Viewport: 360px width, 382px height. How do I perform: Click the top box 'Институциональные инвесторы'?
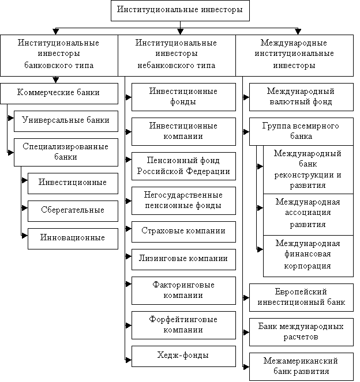click(x=180, y=10)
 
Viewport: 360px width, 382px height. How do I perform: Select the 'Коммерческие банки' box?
click(x=59, y=93)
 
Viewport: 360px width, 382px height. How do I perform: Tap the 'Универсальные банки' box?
click(x=66, y=122)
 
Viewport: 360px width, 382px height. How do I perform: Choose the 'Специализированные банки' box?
click(x=66, y=153)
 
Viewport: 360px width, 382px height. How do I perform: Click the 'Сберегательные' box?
click(x=73, y=211)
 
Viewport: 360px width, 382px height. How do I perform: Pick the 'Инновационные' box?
click(x=73, y=239)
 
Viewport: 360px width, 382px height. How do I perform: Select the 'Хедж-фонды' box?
click(x=183, y=356)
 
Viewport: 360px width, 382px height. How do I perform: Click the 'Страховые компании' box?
click(x=183, y=232)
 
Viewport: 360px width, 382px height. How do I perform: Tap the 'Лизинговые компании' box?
click(x=183, y=259)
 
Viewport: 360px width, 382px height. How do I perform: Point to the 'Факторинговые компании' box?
click(x=183, y=290)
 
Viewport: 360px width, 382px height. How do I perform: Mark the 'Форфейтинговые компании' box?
click(x=183, y=325)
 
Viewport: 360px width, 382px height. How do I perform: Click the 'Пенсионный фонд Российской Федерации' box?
click(x=183, y=166)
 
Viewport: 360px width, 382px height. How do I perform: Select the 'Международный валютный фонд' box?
click(x=301, y=97)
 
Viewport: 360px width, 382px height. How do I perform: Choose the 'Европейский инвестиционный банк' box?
click(x=301, y=297)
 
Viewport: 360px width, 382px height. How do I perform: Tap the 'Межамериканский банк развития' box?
click(x=301, y=366)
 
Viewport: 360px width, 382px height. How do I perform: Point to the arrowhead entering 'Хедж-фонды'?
click(x=129, y=360)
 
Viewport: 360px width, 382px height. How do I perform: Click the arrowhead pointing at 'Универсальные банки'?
click(x=11, y=118)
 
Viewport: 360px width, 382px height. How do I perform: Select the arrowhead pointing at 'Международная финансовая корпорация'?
click(x=260, y=249)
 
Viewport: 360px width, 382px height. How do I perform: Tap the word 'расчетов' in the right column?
click(x=301, y=337)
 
